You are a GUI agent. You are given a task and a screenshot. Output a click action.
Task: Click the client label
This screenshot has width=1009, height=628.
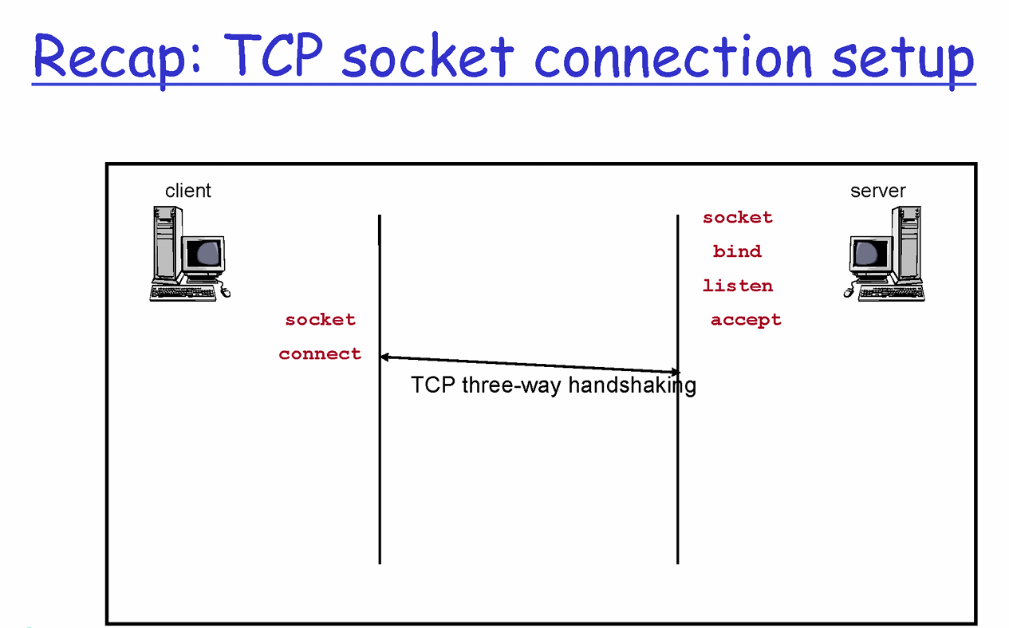[188, 191]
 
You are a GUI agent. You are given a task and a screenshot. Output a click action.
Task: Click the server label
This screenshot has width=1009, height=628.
[878, 191]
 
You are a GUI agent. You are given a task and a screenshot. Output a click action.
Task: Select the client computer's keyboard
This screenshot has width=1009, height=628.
[183, 293]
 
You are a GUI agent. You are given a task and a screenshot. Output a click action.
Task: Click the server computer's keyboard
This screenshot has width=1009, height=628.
[892, 293]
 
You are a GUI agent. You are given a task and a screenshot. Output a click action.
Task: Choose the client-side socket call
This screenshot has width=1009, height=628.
[321, 320]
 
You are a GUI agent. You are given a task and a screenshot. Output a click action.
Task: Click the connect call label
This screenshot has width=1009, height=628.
[320, 354]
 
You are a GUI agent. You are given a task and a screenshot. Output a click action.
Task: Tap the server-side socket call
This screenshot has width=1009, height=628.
[738, 217]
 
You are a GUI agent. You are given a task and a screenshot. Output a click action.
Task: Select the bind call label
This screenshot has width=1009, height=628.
[738, 251]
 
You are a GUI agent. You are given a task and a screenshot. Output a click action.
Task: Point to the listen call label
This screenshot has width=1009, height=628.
[738, 286]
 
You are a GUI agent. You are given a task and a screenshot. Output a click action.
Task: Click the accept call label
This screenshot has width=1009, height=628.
[746, 320]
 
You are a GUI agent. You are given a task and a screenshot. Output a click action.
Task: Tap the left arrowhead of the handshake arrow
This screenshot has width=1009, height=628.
[384, 357]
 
